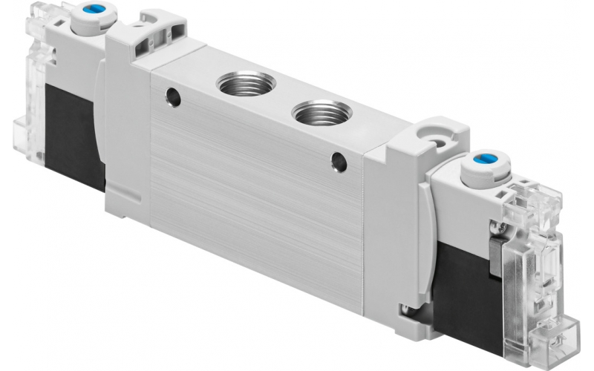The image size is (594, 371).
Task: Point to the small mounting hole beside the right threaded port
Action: click(339, 158)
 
